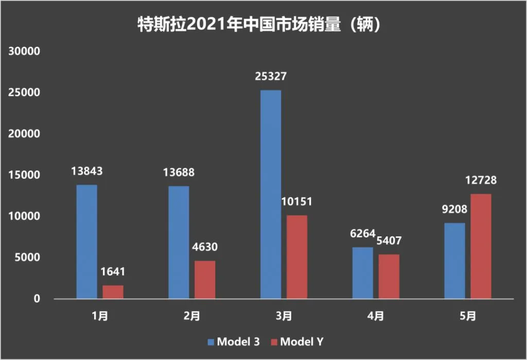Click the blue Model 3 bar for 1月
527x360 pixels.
(86, 242)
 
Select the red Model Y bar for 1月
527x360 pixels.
(113, 292)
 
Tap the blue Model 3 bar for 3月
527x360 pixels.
(271, 194)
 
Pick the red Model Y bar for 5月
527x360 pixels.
(481, 246)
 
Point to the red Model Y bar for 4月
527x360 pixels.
(389, 277)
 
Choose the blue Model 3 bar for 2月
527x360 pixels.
(179, 242)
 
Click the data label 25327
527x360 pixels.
(271, 77)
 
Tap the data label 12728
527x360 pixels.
(481, 181)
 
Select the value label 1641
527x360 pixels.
(113, 272)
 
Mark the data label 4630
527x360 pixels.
(205, 247)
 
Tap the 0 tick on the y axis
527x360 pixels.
(37, 299)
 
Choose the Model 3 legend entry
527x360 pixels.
(234, 342)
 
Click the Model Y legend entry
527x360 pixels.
(297, 342)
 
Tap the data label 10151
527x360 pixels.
(297, 201)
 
